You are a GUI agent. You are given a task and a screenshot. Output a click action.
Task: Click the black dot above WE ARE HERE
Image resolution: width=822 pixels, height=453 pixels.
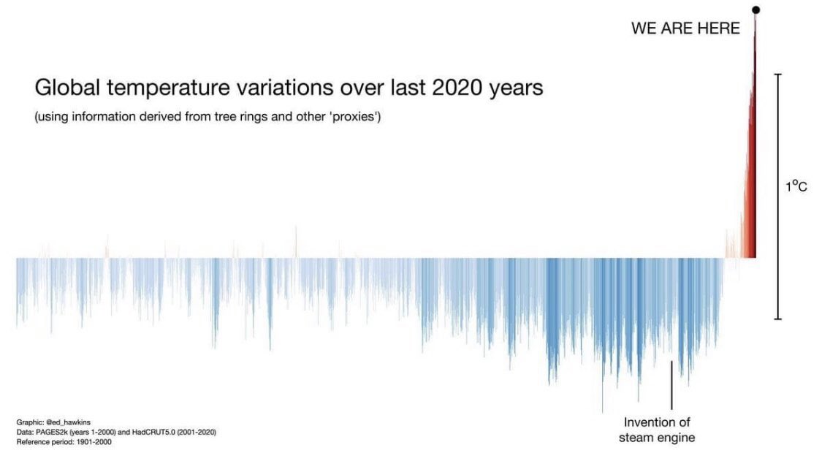click(756, 9)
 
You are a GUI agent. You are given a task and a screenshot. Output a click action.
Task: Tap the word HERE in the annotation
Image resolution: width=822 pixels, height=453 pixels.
click(718, 28)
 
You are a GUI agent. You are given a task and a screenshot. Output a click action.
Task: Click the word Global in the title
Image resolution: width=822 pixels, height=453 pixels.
click(66, 87)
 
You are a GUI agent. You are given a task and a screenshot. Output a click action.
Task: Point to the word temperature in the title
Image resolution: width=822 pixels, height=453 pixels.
click(168, 88)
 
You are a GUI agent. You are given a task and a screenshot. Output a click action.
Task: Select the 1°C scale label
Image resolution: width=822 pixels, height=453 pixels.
click(796, 186)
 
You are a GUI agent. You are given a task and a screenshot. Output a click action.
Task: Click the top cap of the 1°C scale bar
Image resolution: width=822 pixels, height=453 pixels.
click(777, 75)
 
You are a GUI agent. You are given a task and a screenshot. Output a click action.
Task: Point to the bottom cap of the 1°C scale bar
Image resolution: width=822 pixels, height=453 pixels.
click(777, 318)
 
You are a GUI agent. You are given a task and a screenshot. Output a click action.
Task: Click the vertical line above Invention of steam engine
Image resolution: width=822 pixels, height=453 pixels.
click(671, 385)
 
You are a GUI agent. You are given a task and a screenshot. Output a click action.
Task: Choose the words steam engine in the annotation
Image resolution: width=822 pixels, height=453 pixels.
click(657, 438)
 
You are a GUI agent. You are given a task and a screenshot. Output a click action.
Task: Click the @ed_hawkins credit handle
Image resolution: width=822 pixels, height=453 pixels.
click(68, 422)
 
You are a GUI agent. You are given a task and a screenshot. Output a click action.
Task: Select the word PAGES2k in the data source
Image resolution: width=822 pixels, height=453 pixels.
click(47, 432)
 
